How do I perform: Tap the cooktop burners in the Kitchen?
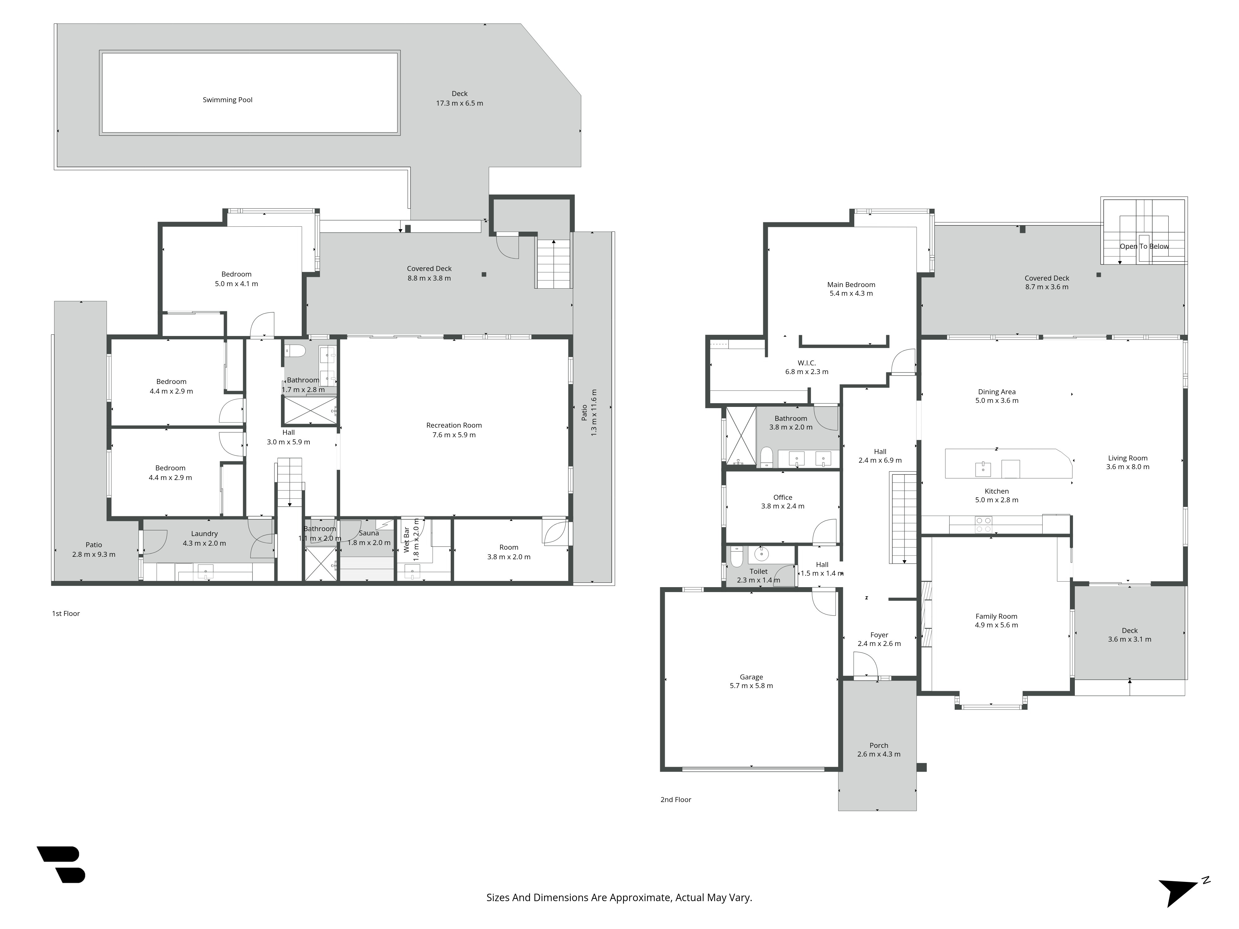click(x=983, y=525)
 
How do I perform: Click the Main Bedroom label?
click(x=851, y=285)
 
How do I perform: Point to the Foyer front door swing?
click(x=865, y=666)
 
